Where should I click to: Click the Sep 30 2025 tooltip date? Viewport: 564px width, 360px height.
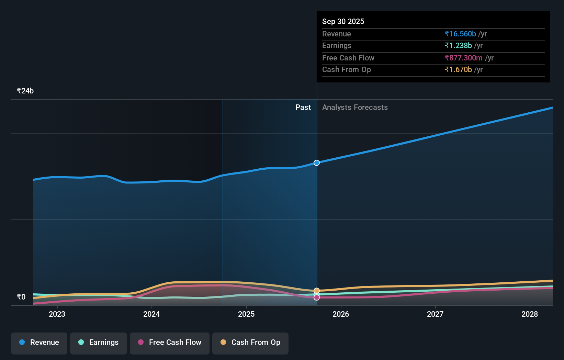point(343,21)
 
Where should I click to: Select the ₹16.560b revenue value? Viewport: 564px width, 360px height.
point(460,34)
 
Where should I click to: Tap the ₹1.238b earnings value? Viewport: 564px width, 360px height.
point(458,45)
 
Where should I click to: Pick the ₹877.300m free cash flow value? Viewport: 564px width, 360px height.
point(463,58)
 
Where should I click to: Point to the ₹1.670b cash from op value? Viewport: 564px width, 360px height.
point(458,69)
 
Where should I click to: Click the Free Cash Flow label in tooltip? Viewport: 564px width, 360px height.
point(348,58)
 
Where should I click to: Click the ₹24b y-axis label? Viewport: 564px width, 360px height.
point(25,91)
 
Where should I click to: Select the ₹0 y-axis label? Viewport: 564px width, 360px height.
point(21,297)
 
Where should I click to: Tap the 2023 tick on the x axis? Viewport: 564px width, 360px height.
point(57,314)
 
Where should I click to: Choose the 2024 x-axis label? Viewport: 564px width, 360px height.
point(151,314)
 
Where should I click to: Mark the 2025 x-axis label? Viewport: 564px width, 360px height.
point(246,314)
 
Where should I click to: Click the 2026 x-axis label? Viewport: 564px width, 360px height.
point(341,314)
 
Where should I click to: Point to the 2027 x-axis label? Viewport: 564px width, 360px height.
point(435,314)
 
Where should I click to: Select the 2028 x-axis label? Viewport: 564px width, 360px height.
point(530,314)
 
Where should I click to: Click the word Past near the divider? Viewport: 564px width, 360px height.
point(303,107)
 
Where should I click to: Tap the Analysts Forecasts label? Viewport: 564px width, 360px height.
point(355,107)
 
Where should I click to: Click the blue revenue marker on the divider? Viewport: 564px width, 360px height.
point(317,163)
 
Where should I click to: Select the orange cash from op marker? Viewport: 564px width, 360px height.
point(317,291)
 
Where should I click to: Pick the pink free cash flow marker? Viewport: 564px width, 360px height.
point(317,297)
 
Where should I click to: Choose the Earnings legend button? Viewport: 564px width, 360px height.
point(99,342)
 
